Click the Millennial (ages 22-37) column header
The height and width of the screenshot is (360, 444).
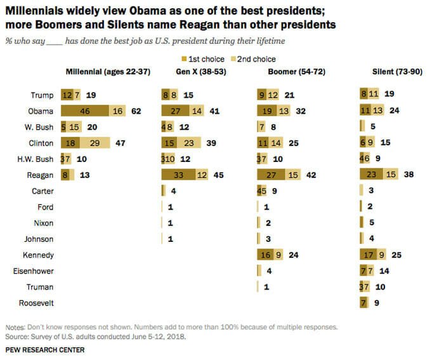click(108, 72)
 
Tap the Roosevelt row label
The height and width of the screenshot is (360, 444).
click(36, 303)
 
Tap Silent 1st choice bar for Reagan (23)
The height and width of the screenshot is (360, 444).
click(370, 175)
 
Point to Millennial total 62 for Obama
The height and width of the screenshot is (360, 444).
click(135, 111)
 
